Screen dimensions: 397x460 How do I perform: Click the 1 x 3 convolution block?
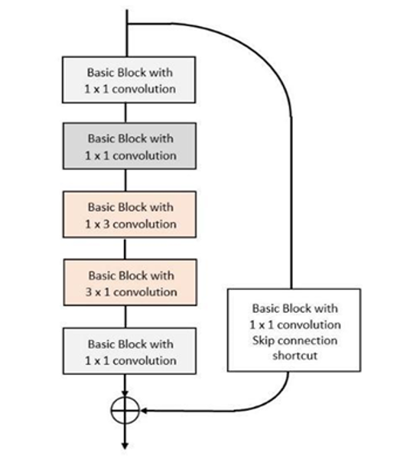point(129,214)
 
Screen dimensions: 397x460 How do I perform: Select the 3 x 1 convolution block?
point(130,282)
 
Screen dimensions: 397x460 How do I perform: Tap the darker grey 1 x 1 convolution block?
point(129,146)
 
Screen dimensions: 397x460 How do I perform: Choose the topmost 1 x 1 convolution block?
point(129,80)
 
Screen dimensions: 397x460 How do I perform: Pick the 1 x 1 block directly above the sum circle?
point(129,351)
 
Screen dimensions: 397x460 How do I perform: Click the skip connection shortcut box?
point(294,331)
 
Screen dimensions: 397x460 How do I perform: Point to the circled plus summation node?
point(125,410)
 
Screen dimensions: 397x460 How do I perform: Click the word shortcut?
point(294,356)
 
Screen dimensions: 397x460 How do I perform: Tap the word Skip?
point(263,341)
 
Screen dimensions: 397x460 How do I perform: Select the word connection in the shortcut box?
point(308,341)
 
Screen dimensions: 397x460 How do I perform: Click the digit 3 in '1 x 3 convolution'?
point(106,224)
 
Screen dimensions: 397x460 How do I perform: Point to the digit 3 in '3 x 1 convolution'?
point(89,292)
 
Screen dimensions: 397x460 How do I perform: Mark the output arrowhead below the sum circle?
point(125,445)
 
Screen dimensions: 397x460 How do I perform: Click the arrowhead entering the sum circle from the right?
point(144,410)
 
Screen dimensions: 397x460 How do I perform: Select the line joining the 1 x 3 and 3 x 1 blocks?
point(125,249)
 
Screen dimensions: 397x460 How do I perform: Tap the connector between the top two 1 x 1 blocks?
point(125,113)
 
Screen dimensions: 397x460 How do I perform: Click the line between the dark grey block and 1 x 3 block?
point(125,180)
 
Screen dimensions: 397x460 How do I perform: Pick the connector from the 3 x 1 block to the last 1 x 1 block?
point(125,317)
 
